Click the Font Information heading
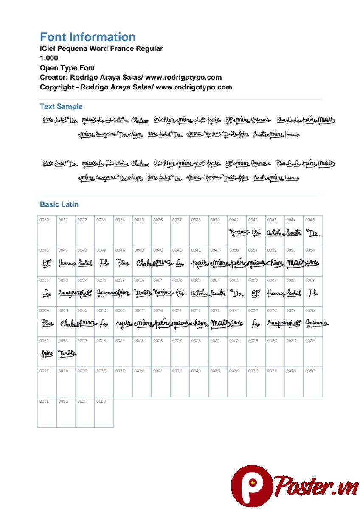(87, 37)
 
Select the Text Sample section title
(61, 106)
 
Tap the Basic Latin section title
(59, 204)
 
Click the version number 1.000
(49, 58)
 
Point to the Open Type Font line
(67, 68)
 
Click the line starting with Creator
(130, 78)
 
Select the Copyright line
(136, 87)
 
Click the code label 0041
(234, 220)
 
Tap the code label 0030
(44, 220)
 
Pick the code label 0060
(101, 401)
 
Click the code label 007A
(63, 341)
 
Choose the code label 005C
(310, 371)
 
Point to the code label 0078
(310, 311)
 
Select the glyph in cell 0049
(104, 263)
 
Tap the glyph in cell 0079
(47, 353)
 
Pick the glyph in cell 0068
(294, 293)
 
